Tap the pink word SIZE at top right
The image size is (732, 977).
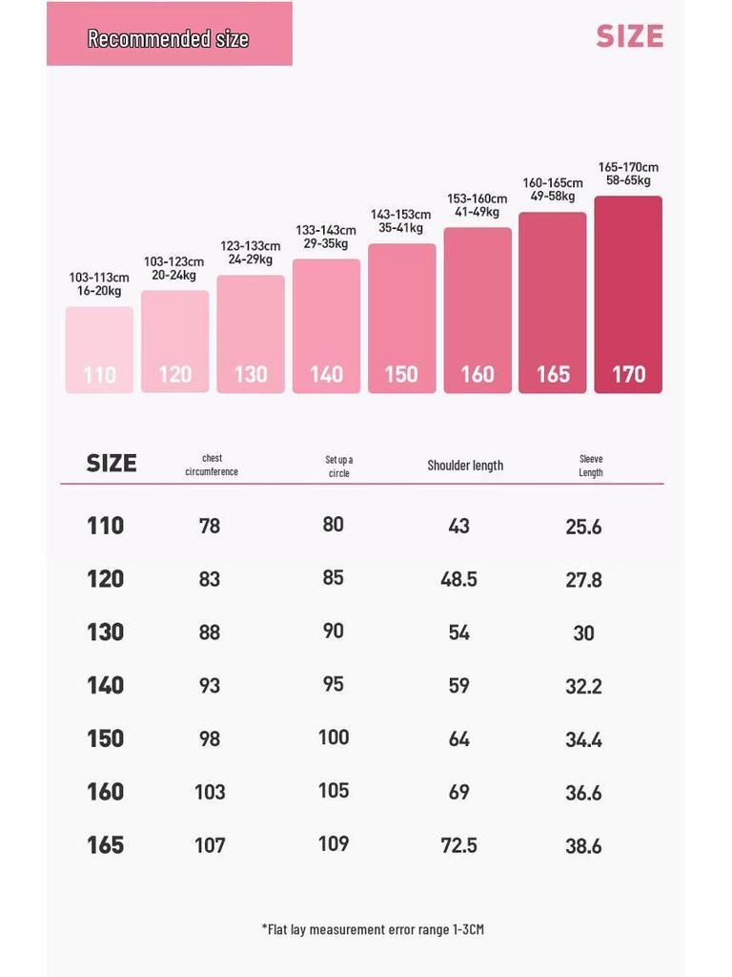pos(629,36)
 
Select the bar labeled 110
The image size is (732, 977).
pos(99,350)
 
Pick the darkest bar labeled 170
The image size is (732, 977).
pos(628,295)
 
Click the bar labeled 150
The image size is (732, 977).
pos(401,319)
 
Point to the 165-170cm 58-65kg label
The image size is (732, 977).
pos(628,174)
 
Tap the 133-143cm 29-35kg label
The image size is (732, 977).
pos(326,237)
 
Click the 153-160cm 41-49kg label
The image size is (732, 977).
pos(478,205)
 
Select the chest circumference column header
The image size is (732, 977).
pos(212,465)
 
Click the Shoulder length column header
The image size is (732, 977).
pos(465,466)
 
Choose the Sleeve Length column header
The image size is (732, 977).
pos(591,466)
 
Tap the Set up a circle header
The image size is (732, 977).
pos(338,467)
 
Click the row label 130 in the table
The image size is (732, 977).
pos(105,632)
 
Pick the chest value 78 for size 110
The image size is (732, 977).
pos(210,526)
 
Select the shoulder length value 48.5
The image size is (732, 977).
pos(458,579)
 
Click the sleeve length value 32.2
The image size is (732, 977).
pos(583,686)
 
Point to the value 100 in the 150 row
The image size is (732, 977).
pos(334,738)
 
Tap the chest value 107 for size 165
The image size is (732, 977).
pos(210,845)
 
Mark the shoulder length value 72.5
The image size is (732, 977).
pos(458,845)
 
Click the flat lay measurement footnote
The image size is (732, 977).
pos(373,929)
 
